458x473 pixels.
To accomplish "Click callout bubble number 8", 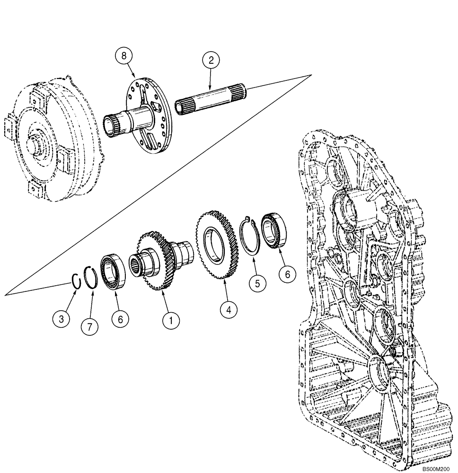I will coord(124,56).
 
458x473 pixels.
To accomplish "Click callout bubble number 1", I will coord(171,321).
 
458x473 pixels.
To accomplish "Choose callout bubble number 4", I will coord(229,310).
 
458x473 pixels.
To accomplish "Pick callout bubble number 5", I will coord(257,284).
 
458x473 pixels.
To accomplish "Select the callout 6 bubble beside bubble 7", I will coord(120,320).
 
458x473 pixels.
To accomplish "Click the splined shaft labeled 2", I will coord(211,99).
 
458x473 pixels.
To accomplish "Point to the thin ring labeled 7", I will coord(91,276).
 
